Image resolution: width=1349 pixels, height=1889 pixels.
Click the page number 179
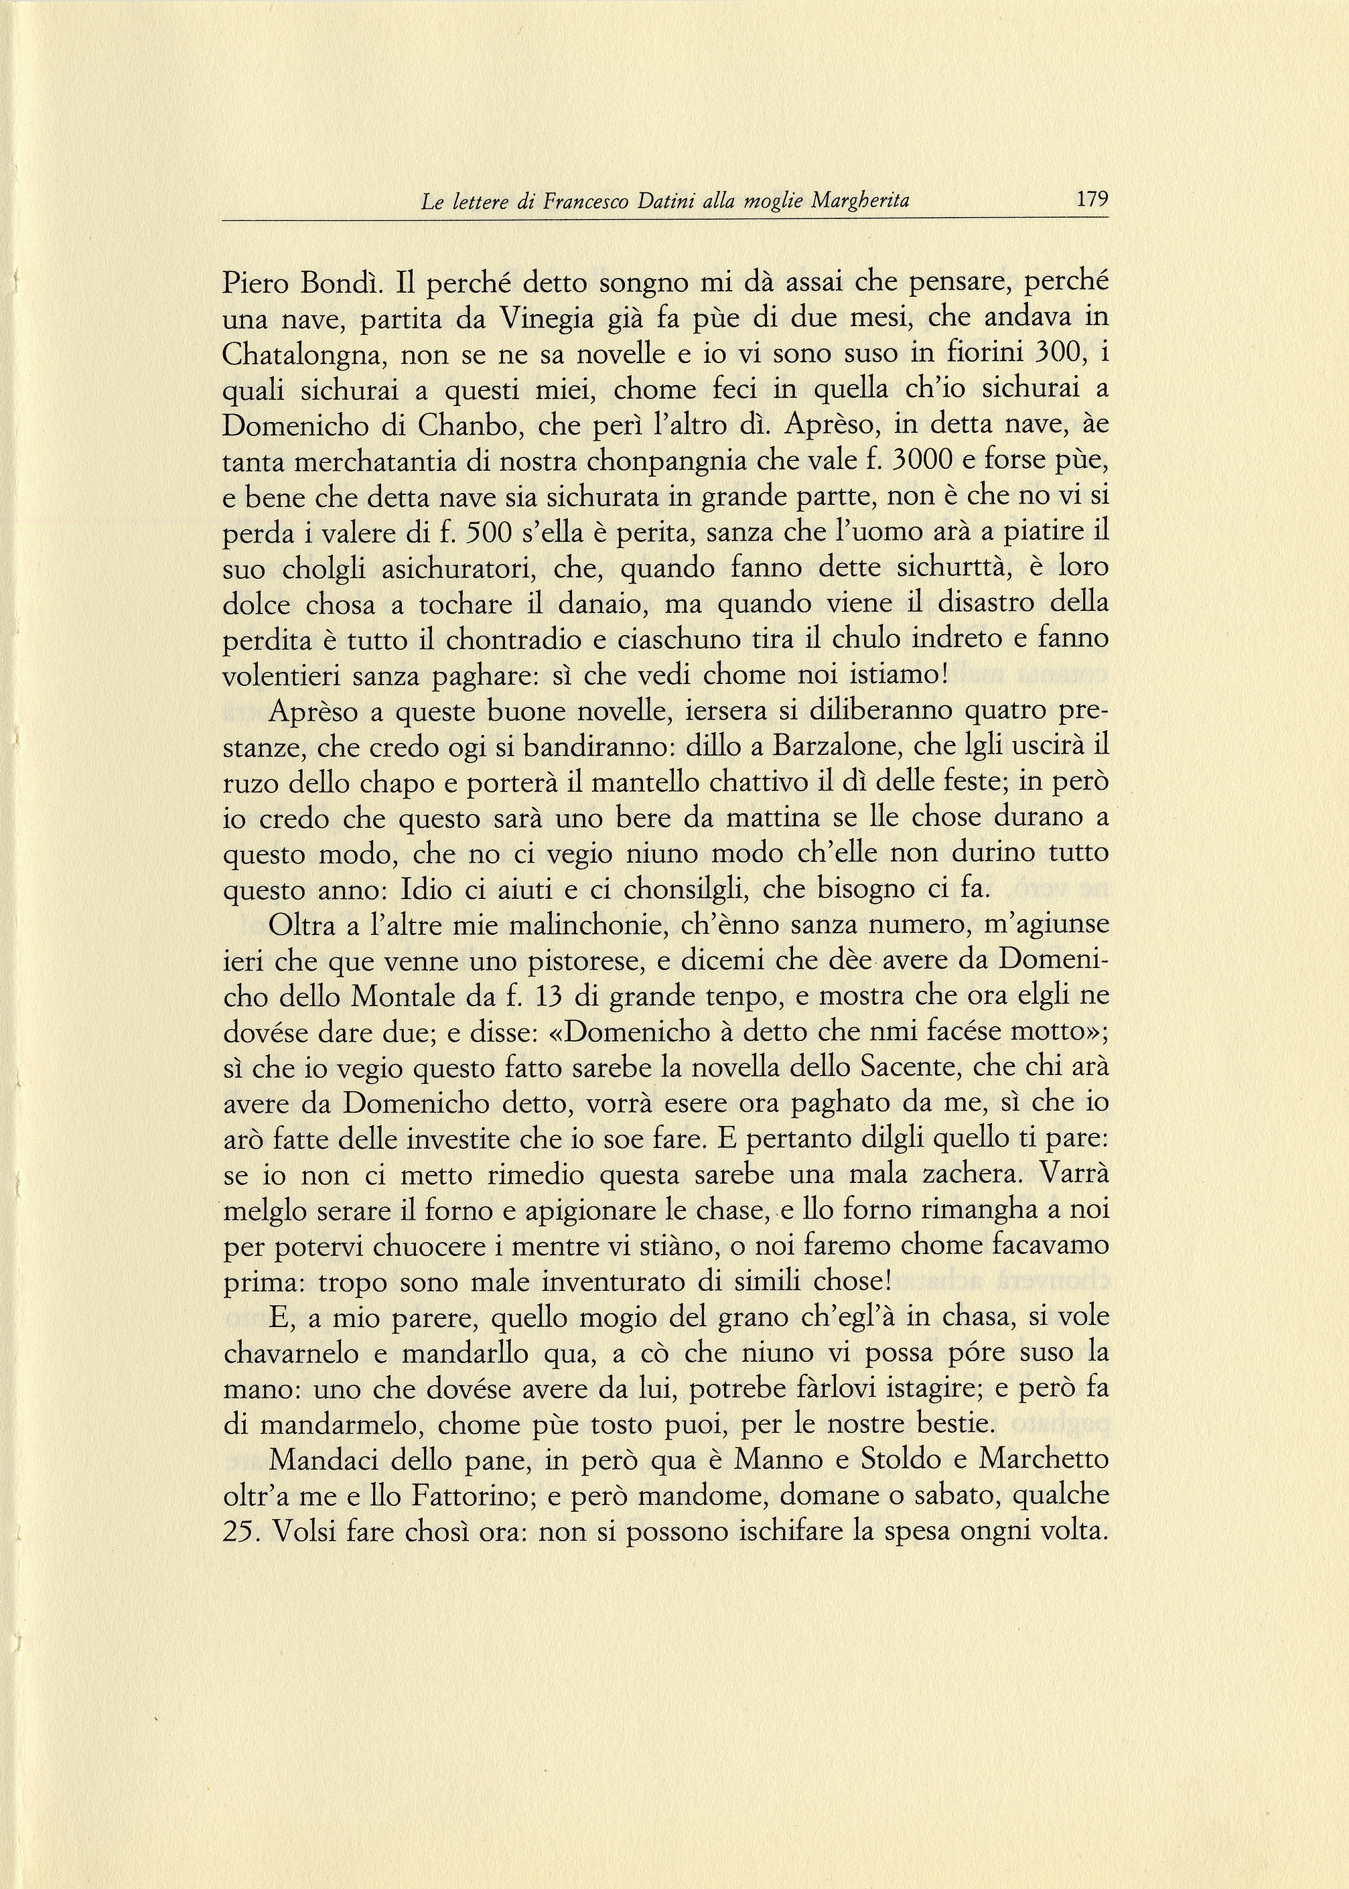tap(1092, 200)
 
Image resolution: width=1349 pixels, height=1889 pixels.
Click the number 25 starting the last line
tap(242, 1532)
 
